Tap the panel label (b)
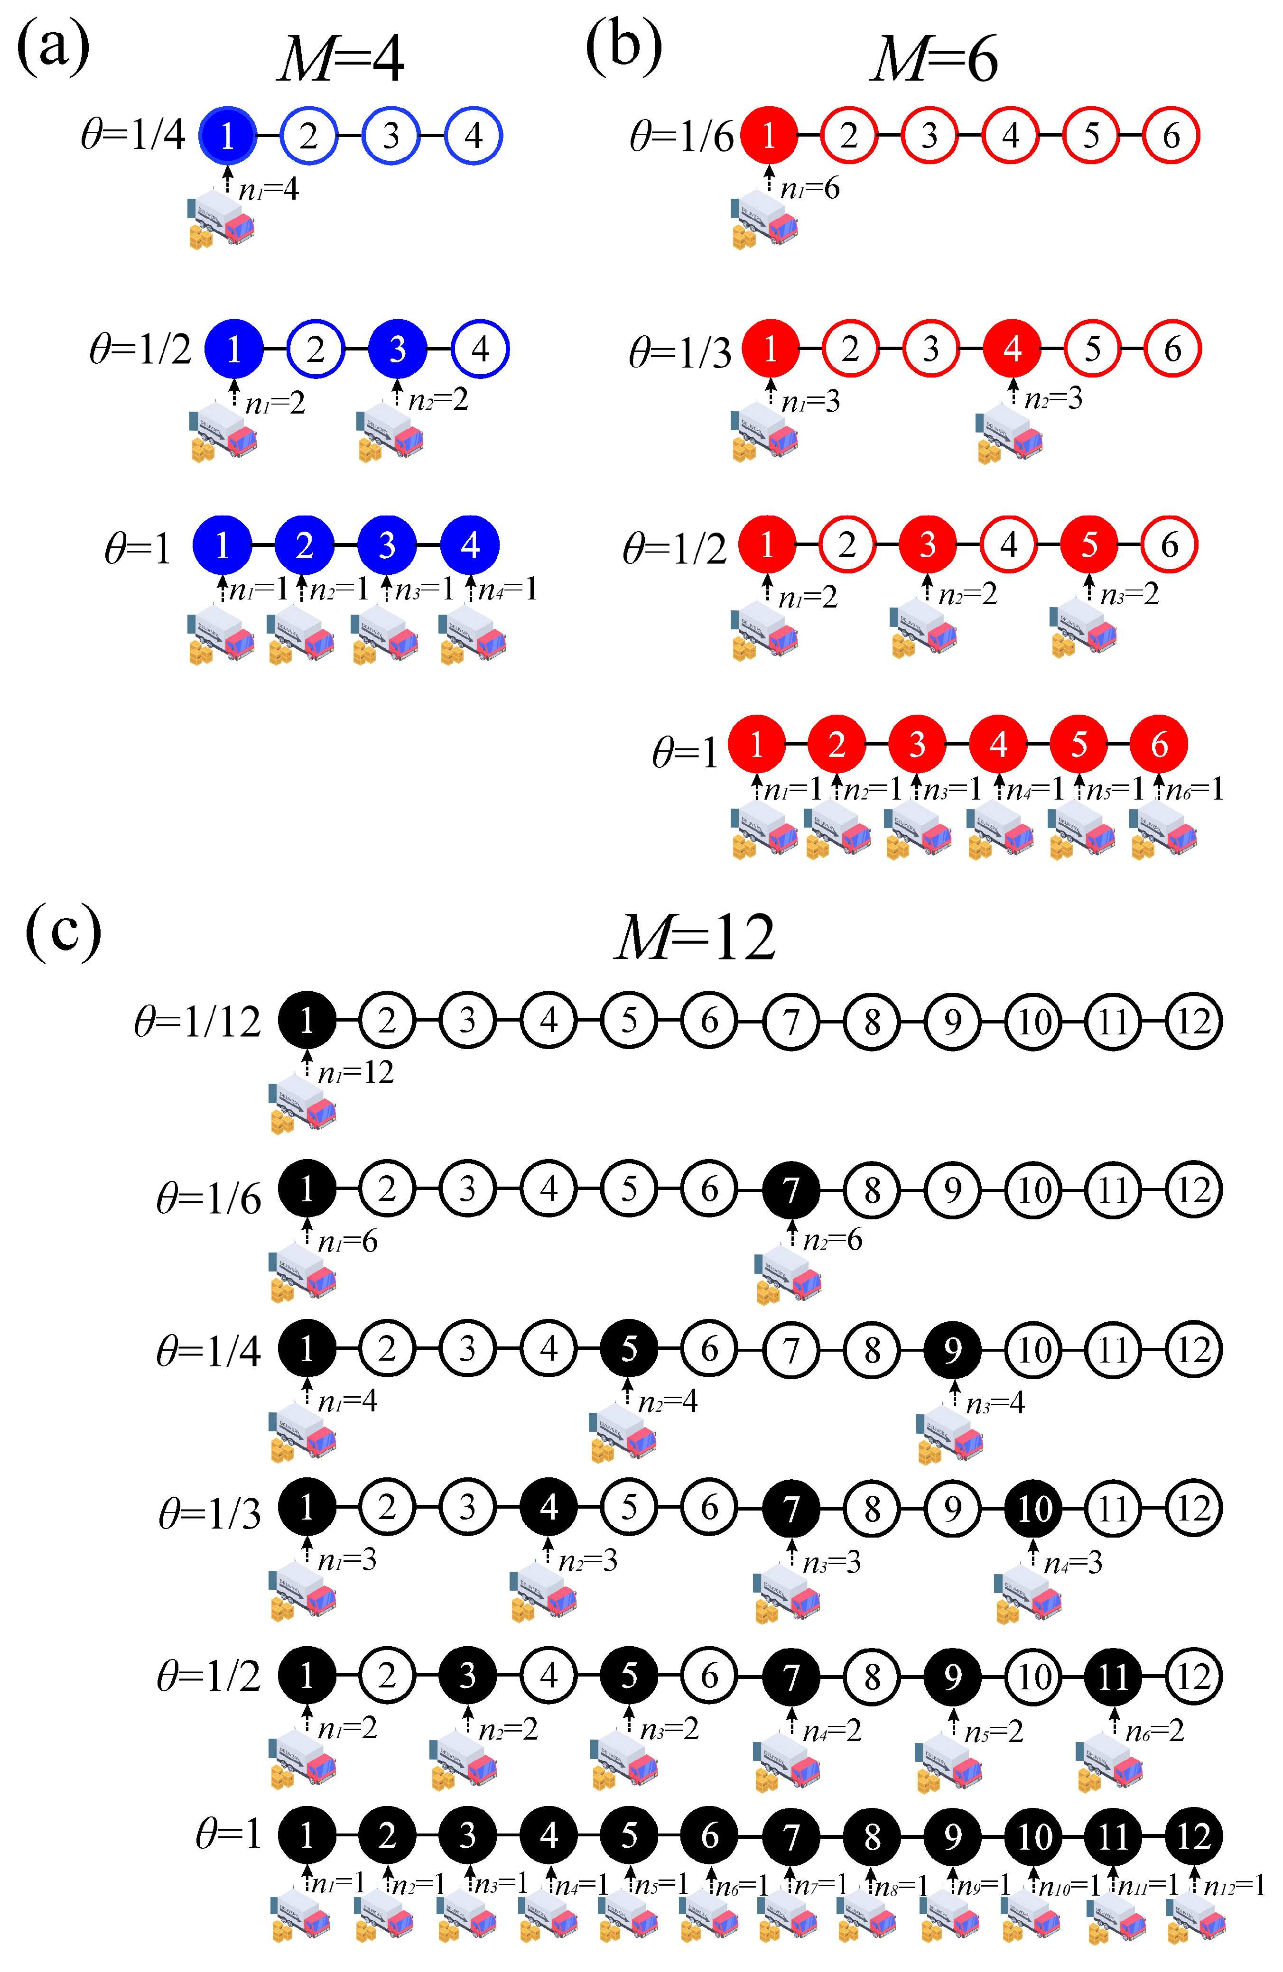[623, 47]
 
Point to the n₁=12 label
[355, 1073]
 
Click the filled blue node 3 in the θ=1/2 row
[398, 349]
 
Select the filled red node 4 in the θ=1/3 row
[1012, 349]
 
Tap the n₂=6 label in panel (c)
[832, 1240]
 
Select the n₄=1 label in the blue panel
[507, 589]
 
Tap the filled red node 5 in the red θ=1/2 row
[1089, 544]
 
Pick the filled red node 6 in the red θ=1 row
[1159, 744]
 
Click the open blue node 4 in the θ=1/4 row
[473, 135]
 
